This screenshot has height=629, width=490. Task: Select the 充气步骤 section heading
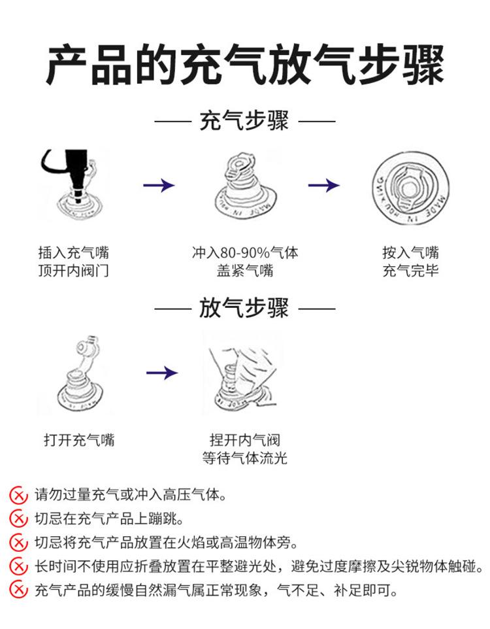[x=244, y=121]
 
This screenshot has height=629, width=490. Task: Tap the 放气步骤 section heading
[x=244, y=307]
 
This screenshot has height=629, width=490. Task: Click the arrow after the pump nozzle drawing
[x=159, y=186]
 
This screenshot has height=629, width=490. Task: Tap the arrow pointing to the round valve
[x=323, y=186]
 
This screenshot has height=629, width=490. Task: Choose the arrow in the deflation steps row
[x=161, y=373]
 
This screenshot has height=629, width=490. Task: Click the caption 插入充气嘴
[x=73, y=252]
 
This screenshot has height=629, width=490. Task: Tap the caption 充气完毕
[x=410, y=270]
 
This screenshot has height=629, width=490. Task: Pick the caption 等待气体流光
[x=244, y=458]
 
